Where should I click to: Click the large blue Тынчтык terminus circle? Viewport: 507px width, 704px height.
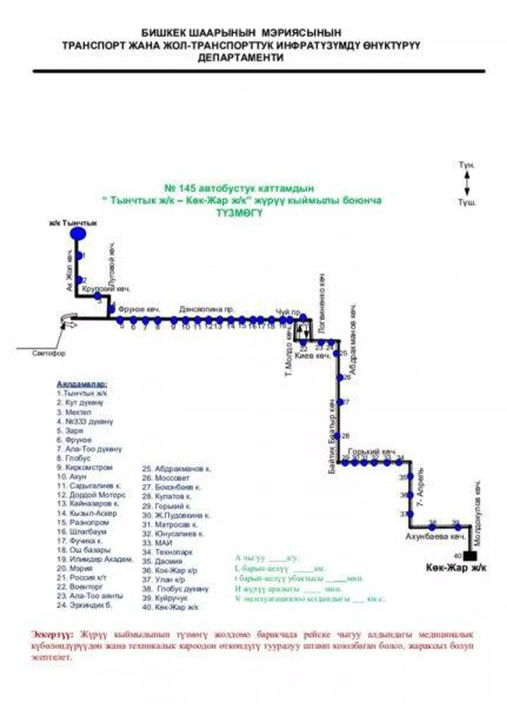coord(78,234)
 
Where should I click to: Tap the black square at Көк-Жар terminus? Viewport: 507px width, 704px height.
coord(470,556)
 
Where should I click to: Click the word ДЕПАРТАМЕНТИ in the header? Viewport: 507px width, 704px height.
coord(241,58)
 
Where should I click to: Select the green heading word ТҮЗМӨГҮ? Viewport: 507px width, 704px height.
coord(240,213)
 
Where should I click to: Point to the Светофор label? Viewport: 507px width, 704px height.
coord(49,354)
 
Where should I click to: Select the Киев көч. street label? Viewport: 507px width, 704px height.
coord(312,356)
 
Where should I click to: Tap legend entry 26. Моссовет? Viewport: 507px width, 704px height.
coord(166,478)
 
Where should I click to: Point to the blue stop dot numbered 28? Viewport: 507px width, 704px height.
coord(337,436)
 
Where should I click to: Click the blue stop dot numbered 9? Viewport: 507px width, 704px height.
coord(174,320)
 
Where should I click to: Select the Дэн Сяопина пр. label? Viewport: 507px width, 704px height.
coord(206,310)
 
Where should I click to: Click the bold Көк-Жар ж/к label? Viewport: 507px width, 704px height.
coord(456,568)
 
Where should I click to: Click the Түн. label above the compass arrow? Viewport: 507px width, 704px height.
coord(467,165)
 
